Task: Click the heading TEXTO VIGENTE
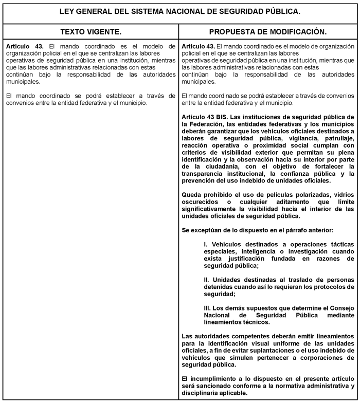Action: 91,32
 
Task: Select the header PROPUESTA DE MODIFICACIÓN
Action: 267,32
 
